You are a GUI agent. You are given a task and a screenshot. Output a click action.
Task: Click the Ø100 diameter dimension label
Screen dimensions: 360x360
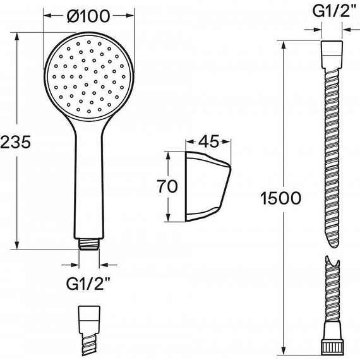point(88,16)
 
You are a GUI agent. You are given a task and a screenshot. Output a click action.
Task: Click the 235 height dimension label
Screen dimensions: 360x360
point(15,141)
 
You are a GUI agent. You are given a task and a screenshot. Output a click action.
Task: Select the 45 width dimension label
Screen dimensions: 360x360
point(208,141)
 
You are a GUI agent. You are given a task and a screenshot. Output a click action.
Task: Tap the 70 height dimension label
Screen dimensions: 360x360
point(167,186)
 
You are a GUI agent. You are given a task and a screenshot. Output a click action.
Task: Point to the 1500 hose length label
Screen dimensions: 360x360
point(280,198)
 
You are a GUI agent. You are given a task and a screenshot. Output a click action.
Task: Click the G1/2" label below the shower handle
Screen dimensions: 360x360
point(88,284)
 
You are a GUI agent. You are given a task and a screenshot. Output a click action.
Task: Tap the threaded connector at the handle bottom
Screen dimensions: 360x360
point(89,244)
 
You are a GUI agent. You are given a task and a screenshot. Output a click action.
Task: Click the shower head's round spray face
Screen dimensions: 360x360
point(88,76)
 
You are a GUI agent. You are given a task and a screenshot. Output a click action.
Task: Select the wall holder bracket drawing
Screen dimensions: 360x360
point(208,187)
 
